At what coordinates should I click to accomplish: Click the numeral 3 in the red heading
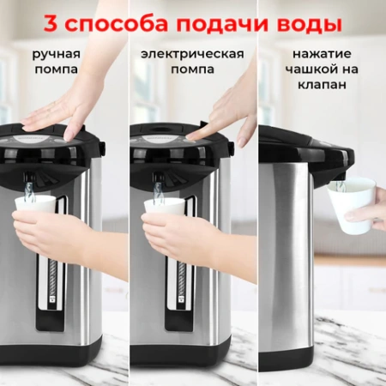coord(53,22)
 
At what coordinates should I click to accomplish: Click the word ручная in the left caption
coord(57,54)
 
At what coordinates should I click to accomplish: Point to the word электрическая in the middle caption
coord(192,54)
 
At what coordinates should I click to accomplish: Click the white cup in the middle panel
coord(164,209)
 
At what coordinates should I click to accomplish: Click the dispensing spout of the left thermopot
coord(29,183)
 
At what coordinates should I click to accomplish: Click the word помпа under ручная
coord(57,69)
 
